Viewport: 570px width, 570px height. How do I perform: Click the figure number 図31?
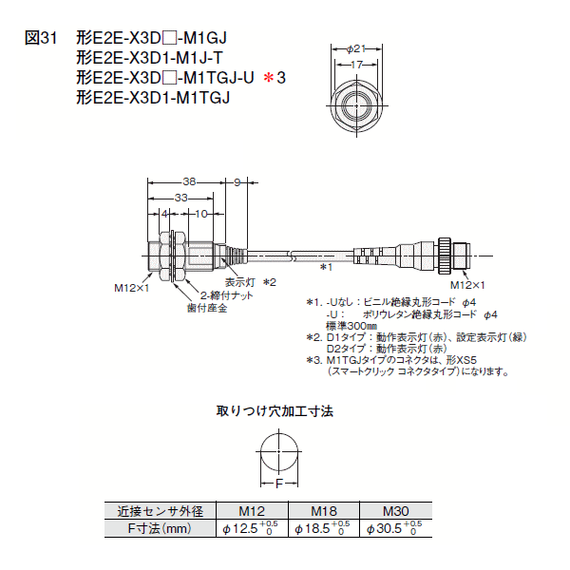click(x=41, y=38)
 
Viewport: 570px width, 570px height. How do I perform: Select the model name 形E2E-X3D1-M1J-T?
click(x=150, y=57)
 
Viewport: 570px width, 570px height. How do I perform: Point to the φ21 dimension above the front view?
click(x=355, y=47)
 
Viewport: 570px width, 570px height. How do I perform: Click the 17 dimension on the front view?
click(x=355, y=64)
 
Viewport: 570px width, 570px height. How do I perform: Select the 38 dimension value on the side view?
click(x=189, y=180)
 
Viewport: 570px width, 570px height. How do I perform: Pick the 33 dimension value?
click(x=180, y=198)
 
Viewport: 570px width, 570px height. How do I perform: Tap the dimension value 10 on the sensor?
click(x=200, y=215)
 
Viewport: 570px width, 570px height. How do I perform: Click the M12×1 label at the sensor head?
click(x=132, y=287)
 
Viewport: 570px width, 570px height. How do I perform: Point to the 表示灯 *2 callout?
click(x=250, y=282)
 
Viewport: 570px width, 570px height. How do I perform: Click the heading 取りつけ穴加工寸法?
click(x=275, y=411)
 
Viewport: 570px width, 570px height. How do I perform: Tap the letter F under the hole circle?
click(x=278, y=483)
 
